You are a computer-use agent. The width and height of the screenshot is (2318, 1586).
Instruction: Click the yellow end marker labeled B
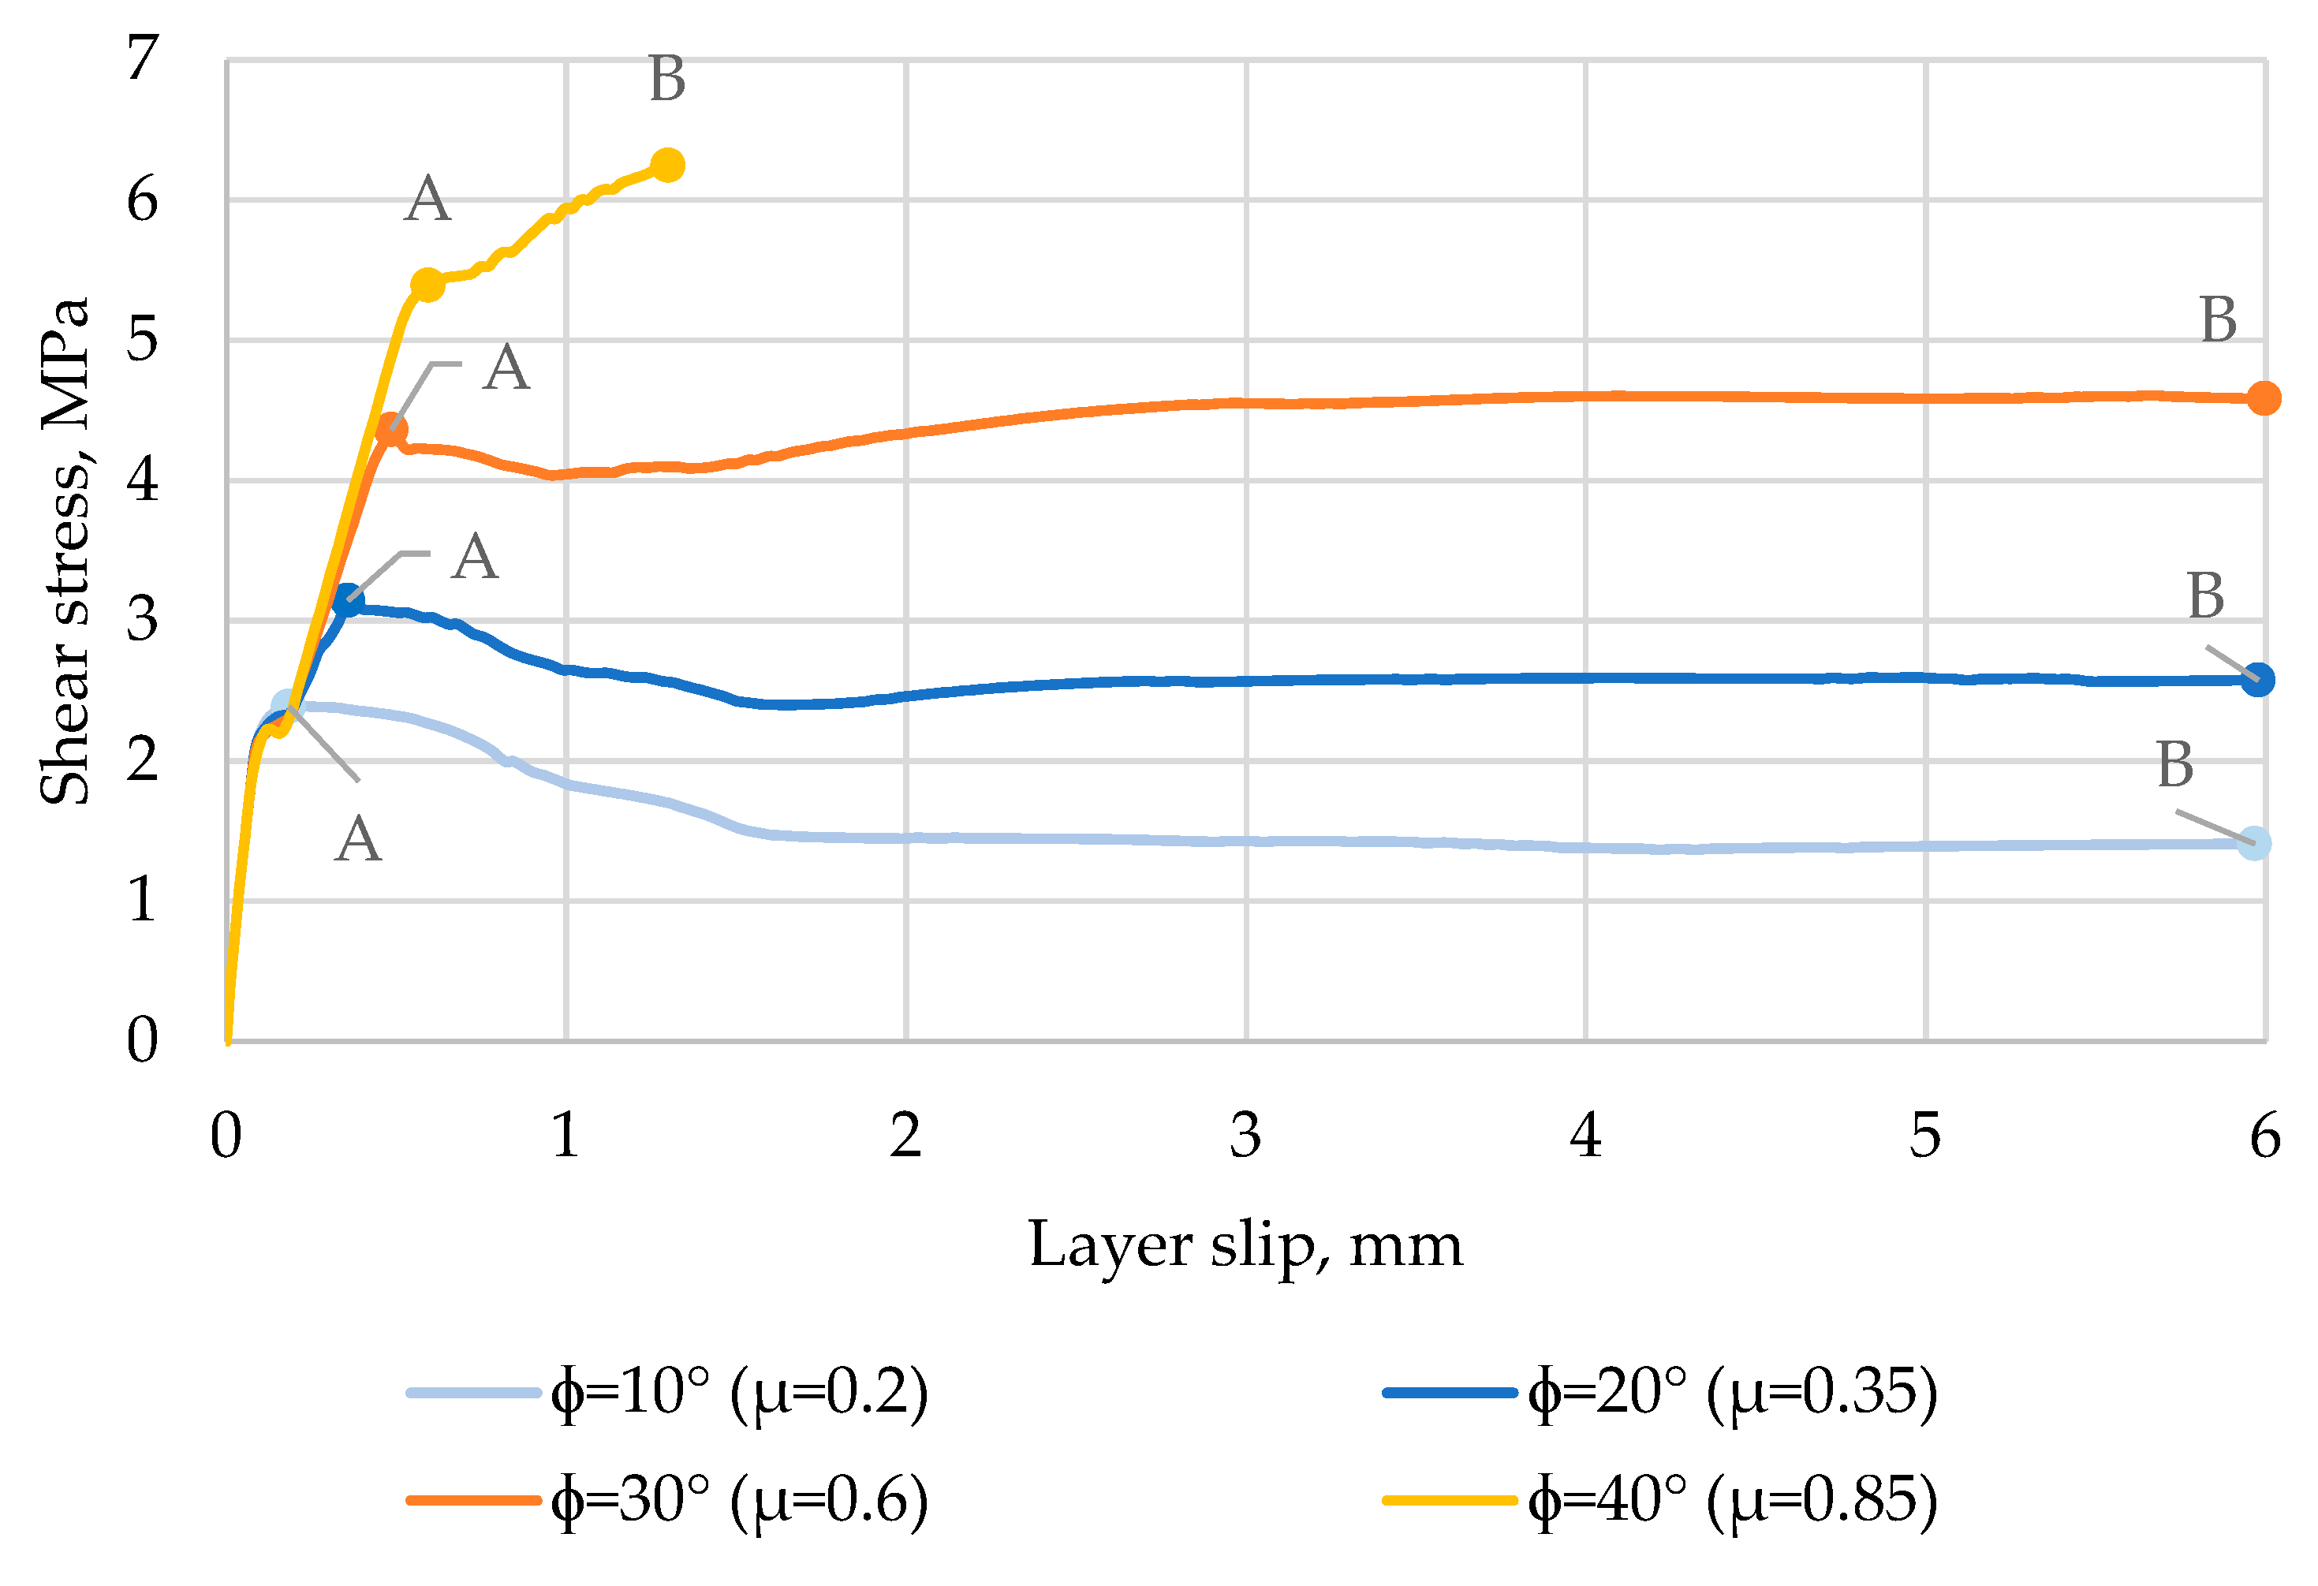667,165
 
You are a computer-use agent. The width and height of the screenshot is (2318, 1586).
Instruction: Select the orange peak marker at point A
391,431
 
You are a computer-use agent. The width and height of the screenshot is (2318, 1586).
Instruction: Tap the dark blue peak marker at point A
347,600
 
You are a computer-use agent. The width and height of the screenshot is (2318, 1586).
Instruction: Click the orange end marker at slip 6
2263,398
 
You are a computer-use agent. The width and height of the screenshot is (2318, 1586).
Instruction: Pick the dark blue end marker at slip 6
2258,681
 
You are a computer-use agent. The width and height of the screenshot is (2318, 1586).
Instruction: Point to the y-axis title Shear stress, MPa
65,550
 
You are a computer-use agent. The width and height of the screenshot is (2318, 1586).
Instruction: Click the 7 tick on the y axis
143,58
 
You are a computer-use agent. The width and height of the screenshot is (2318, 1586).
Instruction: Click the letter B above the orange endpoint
2219,321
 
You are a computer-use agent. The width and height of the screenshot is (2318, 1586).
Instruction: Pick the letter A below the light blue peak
358,840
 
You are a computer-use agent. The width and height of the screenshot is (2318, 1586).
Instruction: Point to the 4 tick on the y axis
143,481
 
